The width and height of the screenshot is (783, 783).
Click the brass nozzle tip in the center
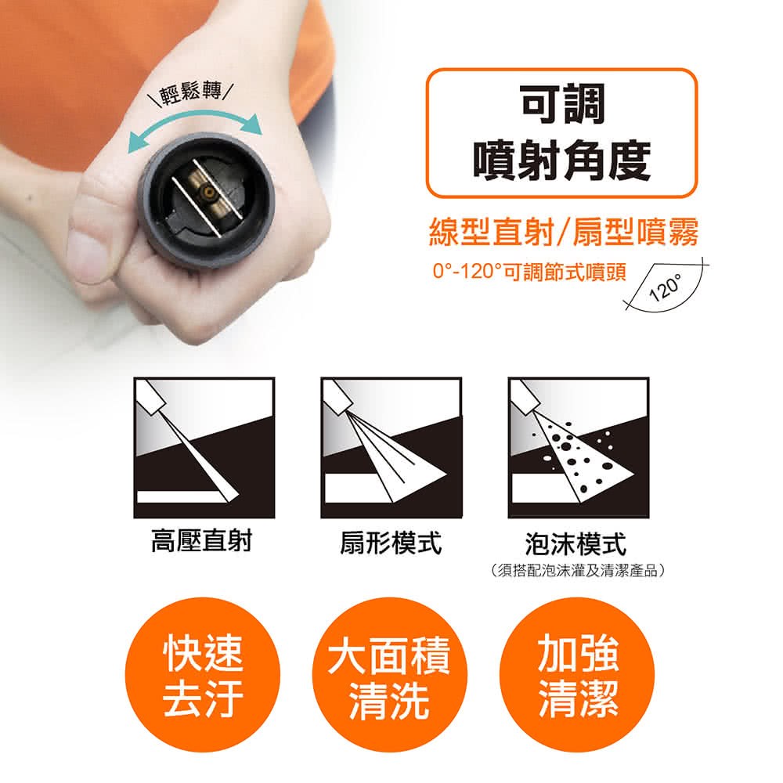tap(206, 192)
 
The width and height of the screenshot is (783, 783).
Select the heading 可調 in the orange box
tap(562, 104)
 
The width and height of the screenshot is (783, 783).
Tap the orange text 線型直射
tap(493, 233)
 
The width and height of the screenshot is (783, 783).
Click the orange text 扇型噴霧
tap(635, 233)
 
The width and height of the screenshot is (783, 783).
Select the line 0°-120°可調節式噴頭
tap(529, 272)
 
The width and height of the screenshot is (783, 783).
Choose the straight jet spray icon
tap(204, 447)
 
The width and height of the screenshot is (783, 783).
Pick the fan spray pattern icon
tap(391, 447)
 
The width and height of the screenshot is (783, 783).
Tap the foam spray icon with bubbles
tap(579, 447)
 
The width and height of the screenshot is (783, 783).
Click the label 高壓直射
tap(202, 542)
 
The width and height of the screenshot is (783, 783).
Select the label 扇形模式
tap(391, 543)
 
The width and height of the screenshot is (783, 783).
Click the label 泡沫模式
tap(576, 544)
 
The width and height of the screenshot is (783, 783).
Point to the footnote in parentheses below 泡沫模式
tap(578, 570)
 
